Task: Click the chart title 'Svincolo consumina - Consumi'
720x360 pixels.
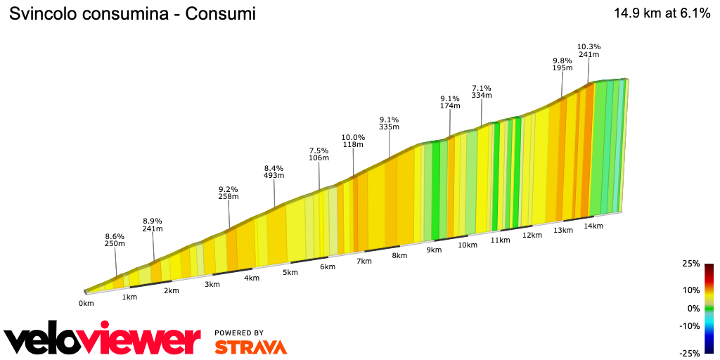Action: tap(131, 13)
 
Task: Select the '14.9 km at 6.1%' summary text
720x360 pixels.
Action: tap(662, 13)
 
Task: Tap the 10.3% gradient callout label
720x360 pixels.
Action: tap(589, 51)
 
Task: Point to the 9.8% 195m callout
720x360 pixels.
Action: tap(562, 64)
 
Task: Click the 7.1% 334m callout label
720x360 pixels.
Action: tap(482, 91)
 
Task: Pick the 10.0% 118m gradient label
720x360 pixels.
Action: tap(353, 141)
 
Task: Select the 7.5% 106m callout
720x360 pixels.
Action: tap(319, 154)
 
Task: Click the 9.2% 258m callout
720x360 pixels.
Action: tap(229, 193)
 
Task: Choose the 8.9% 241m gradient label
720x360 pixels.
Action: tap(153, 224)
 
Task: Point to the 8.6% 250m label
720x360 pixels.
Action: tap(115, 240)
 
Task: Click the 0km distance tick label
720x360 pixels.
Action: tap(86, 303)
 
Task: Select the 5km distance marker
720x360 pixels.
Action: tap(290, 272)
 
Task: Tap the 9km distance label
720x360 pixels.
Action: tap(434, 250)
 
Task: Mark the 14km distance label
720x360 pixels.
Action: tap(594, 226)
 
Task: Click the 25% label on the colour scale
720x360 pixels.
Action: tap(691, 264)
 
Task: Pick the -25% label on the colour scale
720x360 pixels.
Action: tap(689, 353)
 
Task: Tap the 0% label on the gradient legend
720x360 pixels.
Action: tap(693, 308)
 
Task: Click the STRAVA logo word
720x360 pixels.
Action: tap(250, 347)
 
